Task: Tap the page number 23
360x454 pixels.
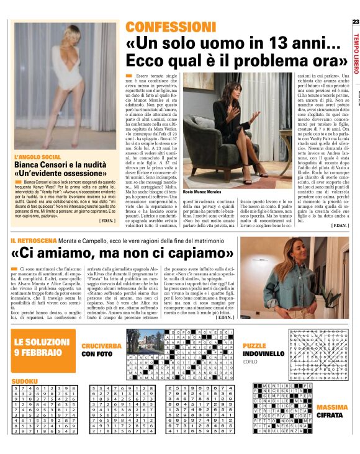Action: coord(355,22)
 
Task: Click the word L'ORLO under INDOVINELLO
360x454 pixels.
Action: coord(250,362)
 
